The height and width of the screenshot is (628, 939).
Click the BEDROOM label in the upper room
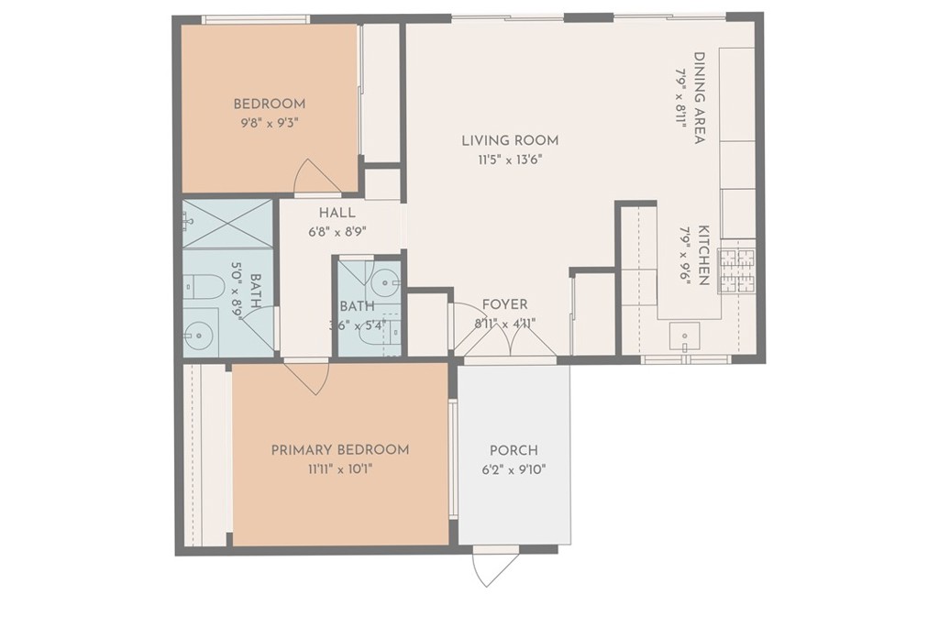click(270, 104)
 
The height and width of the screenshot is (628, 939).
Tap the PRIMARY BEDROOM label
click(340, 449)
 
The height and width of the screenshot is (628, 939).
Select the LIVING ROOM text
click(510, 140)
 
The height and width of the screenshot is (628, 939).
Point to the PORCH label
click(514, 450)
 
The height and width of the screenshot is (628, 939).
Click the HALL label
click(337, 213)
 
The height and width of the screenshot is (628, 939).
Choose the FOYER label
click(505, 304)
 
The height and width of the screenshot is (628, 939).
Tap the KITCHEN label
click(703, 255)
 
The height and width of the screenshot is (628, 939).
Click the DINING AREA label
click(699, 98)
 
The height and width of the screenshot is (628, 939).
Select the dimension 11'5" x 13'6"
click(510, 160)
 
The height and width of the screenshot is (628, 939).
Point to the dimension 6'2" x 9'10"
click(514, 470)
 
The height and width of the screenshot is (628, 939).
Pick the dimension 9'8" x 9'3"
click(269, 124)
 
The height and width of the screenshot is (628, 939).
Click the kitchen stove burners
click(737, 270)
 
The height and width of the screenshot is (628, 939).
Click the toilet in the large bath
click(196, 287)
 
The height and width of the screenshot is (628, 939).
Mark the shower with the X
click(227, 223)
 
